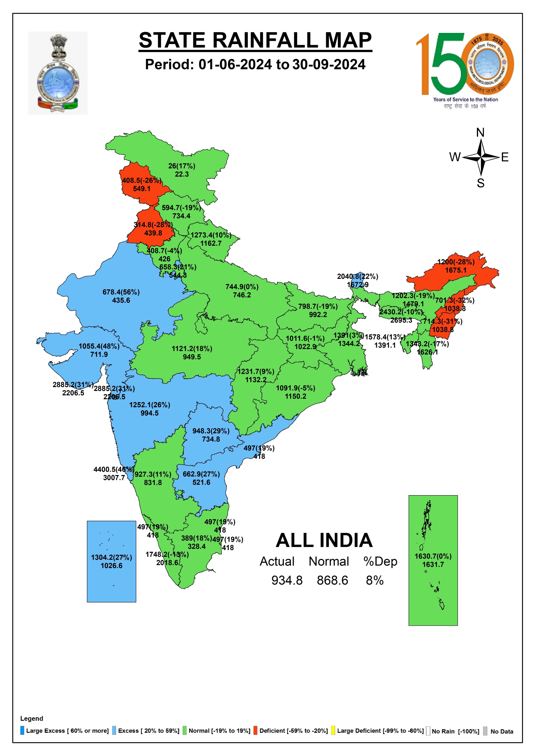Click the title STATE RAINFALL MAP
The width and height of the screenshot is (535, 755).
click(x=255, y=40)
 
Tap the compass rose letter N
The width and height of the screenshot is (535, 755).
click(x=480, y=132)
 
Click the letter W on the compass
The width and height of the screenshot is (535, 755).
click(x=455, y=157)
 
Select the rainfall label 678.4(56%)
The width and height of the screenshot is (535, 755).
click(x=121, y=292)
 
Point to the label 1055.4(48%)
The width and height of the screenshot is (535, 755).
click(x=99, y=346)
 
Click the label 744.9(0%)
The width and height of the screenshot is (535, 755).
click(x=242, y=286)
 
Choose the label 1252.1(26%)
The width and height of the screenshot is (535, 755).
click(x=150, y=405)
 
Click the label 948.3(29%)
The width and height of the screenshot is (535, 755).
click(x=211, y=431)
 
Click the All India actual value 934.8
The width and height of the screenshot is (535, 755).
click(x=287, y=580)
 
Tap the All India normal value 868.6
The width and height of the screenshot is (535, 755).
click(x=332, y=580)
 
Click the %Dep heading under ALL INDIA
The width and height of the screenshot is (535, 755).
click(x=380, y=561)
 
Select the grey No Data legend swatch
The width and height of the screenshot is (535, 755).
click(x=485, y=731)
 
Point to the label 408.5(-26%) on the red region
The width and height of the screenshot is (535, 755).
click(x=142, y=180)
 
